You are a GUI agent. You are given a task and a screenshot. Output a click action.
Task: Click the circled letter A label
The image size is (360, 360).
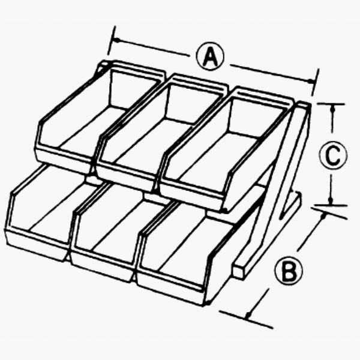pyautogui.click(x=210, y=56)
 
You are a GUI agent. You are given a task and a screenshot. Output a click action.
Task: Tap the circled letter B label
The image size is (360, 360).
pyautogui.click(x=289, y=271)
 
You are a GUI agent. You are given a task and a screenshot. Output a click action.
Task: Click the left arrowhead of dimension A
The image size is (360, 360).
pyautogui.click(x=117, y=41)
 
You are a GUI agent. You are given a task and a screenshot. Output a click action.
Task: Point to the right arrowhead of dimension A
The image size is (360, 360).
pyautogui.click(x=311, y=81)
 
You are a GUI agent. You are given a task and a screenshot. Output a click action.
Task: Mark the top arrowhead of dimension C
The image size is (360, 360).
pyautogui.click(x=333, y=109)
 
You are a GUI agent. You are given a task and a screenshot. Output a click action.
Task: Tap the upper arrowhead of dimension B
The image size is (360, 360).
pyautogui.click(x=323, y=216)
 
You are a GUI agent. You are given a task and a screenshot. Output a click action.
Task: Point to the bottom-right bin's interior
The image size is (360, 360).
pyautogui.click(x=181, y=248)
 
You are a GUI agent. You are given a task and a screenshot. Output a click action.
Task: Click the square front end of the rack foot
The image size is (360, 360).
pyautogui.click(x=239, y=271)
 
